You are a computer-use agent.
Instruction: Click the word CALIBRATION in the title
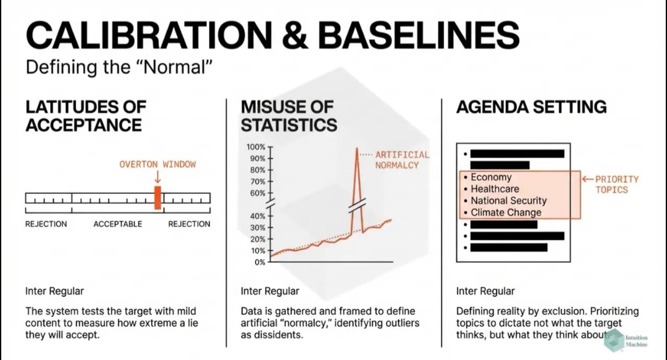pyautogui.click(x=149, y=35)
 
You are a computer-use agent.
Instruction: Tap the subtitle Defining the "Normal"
pyautogui.click(x=119, y=67)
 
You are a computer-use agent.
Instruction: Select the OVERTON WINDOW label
pyautogui.click(x=157, y=164)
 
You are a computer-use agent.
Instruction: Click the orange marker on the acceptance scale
pyautogui.click(x=157, y=198)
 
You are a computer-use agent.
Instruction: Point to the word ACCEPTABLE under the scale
pyautogui.click(x=118, y=224)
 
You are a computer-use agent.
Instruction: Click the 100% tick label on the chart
pyautogui.click(x=256, y=147)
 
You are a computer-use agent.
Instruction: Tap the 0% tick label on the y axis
pyautogui.click(x=259, y=262)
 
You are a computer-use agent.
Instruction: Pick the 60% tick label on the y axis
pyautogui.click(x=258, y=193)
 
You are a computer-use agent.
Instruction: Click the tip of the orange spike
pyautogui.click(x=356, y=148)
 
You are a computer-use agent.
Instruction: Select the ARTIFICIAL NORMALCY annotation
pyautogui.click(x=402, y=160)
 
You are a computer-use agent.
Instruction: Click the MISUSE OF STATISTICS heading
pyautogui.click(x=289, y=115)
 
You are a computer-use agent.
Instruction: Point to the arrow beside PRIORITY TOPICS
pyautogui.click(x=587, y=179)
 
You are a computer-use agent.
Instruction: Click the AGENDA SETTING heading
pyautogui.click(x=531, y=107)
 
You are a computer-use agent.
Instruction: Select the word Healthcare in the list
pyautogui.click(x=495, y=189)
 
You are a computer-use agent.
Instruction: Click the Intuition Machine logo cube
pyautogui.click(x=614, y=340)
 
